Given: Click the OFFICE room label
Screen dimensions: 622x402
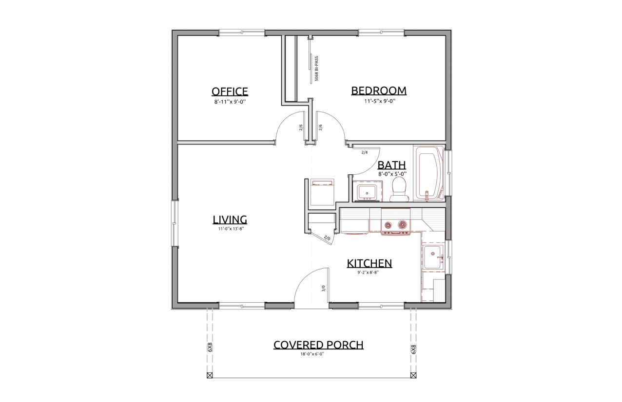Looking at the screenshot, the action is pyautogui.click(x=230, y=91).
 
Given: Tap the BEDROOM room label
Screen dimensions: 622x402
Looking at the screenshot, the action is pyautogui.click(x=379, y=91).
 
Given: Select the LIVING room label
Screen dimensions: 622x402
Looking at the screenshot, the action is pyautogui.click(x=230, y=219).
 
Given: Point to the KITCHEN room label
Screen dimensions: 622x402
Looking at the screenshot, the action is pyautogui.click(x=369, y=263).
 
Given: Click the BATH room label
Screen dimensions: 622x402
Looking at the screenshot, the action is pyautogui.click(x=391, y=165).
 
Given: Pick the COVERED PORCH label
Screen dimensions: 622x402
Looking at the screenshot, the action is pyautogui.click(x=318, y=345).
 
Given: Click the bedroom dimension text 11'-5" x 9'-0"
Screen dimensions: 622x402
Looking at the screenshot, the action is pyautogui.click(x=380, y=101).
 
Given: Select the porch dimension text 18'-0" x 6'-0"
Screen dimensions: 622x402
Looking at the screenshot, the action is pyautogui.click(x=312, y=354).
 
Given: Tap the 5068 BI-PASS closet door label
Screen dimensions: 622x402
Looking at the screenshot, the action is pyautogui.click(x=316, y=69).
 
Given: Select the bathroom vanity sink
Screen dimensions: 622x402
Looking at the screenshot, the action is pyautogui.click(x=367, y=191).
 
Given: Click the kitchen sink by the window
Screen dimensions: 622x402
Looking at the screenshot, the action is pyautogui.click(x=433, y=257).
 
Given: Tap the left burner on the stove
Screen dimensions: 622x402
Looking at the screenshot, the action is pyautogui.click(x=387, y=224).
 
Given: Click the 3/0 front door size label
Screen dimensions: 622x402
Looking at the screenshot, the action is pyautogui.click(x=323, y=289).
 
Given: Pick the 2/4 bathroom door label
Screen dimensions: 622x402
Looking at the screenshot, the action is pyautogui.click(x=364, y=152).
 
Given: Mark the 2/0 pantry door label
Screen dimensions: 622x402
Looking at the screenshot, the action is pyautogui.click(x=327, y=238).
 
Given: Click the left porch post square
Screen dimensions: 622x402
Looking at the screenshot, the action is pyautogui.click(x=210, y=375).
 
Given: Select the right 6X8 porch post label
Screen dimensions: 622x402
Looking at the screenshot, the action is pyautogui.click(x=413, y=349).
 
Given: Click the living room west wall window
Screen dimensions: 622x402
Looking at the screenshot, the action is pyautogui.click(x=175, y=223).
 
